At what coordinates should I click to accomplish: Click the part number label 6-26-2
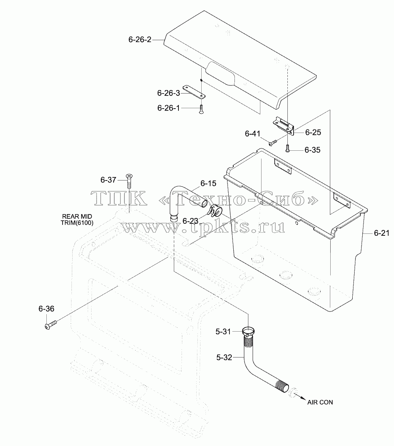click(140, 39)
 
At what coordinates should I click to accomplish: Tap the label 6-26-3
click(168, 93)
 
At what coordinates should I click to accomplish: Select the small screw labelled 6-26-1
click(201, 109)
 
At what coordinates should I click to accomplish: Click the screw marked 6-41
click(273, 142)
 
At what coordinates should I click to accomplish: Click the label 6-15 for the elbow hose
click(208, 184)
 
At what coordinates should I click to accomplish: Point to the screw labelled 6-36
click(51, 325)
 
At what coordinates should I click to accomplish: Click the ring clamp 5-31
click(248, 332)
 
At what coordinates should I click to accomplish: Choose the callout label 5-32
click(224, 357)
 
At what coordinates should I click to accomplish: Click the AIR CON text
click(320, 402)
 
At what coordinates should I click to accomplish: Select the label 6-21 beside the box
click(382, 233)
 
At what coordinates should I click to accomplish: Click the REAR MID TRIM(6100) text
click(77, 220)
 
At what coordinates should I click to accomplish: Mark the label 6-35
click(312, 150)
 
